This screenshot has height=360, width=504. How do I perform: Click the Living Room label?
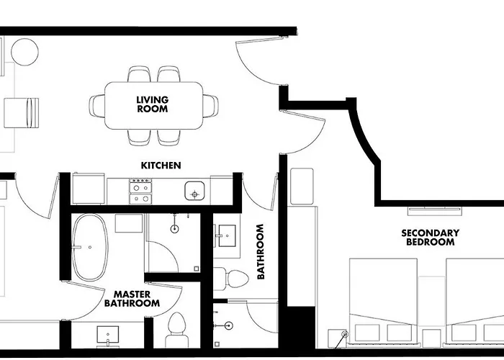click(x=153, y=104)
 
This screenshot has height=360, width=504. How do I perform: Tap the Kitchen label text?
click(x=161, y=166)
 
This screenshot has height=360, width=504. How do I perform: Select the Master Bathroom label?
click(x=132, y=299)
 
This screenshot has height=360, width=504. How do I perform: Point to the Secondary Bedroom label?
click(x=430, y=237)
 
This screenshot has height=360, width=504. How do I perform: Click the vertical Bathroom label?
click(x=261, y=252)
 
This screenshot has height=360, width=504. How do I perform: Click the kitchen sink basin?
click(x=194, y=191)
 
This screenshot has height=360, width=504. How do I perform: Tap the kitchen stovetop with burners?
click(x=140, y=192)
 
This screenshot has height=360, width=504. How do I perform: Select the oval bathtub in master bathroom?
click(x=90, y=247)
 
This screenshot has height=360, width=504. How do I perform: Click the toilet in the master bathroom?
click(x=177, y=330)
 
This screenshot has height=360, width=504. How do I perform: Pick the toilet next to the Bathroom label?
click(x=231, y=279)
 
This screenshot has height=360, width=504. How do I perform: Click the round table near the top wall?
click(x=24, y=52)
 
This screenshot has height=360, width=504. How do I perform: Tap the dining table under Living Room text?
click(x=153, y=105)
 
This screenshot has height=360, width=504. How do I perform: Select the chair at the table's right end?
click(x=210, y=106)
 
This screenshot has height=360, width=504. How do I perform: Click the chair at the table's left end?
click(x=96, y=106)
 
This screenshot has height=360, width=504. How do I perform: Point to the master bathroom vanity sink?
click(x=108, y=334)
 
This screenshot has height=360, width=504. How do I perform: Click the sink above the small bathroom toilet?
click(x=227, y=235)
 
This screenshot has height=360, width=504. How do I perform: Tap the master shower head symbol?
click(x=174, y=229)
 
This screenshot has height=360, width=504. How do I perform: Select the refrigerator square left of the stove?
click(x=89, y=189)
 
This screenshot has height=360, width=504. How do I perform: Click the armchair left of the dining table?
click(x=21, y=113)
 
